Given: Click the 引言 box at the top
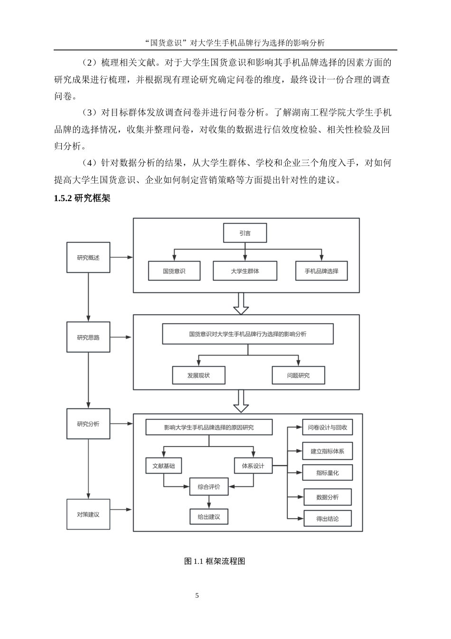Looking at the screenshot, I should pos(245,233).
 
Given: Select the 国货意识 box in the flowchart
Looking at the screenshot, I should pos(174,271).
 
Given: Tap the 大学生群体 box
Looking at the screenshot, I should pos(245,271).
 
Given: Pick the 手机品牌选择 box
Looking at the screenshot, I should pos(321,271).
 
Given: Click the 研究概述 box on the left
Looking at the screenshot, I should pos(88,258).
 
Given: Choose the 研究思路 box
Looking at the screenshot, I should pos(88,338).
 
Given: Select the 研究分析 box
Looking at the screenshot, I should pos(88,424).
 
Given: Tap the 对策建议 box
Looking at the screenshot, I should pos(88,514).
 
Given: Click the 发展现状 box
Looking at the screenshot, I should pos(198,375).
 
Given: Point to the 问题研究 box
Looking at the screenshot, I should pos(298,375).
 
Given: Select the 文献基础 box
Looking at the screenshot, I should pos(164,466).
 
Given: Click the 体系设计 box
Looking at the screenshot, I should pos(253,466).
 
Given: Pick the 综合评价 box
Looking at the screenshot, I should pos(209,486).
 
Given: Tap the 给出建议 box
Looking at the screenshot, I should pos(209,517).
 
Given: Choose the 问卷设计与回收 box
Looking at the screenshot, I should pos(328,427).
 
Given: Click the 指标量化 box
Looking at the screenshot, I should pos(328,473).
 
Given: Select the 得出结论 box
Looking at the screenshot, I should pos(328,519).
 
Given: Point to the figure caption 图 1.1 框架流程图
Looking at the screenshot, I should pos(215,561).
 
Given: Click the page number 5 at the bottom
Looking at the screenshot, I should pos(197,596).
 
